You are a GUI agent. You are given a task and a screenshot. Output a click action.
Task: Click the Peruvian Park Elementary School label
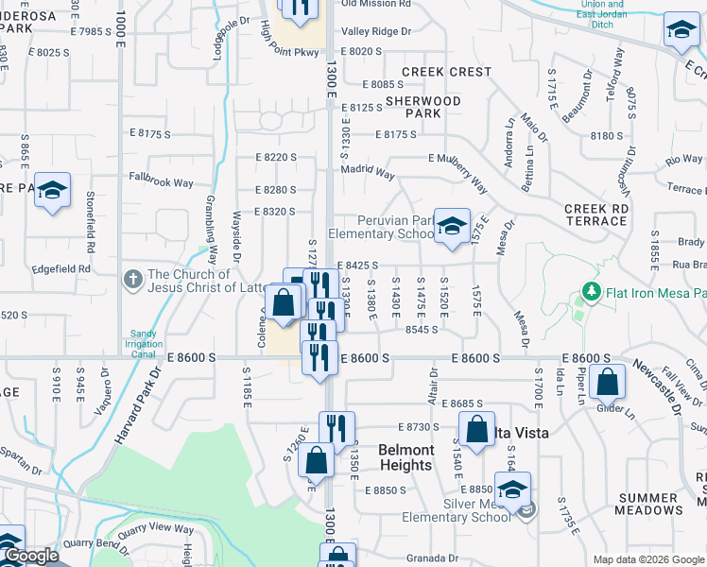[380, 227]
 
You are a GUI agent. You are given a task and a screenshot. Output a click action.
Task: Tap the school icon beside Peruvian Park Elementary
[453, 226]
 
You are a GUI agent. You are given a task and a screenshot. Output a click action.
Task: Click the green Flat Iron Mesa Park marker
[592, 291]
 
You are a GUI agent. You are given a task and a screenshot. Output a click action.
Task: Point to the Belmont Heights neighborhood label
[405, 457]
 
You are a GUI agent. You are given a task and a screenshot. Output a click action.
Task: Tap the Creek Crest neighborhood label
[446, 72]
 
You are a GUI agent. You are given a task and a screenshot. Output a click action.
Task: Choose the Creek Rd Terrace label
[595, 215]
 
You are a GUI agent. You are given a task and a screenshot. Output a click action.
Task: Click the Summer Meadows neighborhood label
[648, 504]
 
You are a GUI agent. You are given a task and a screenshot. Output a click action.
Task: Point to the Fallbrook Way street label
[161, 181]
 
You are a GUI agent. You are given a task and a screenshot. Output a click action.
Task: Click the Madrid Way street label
[368, 173]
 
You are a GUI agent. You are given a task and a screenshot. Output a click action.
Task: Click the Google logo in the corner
[30, 557]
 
